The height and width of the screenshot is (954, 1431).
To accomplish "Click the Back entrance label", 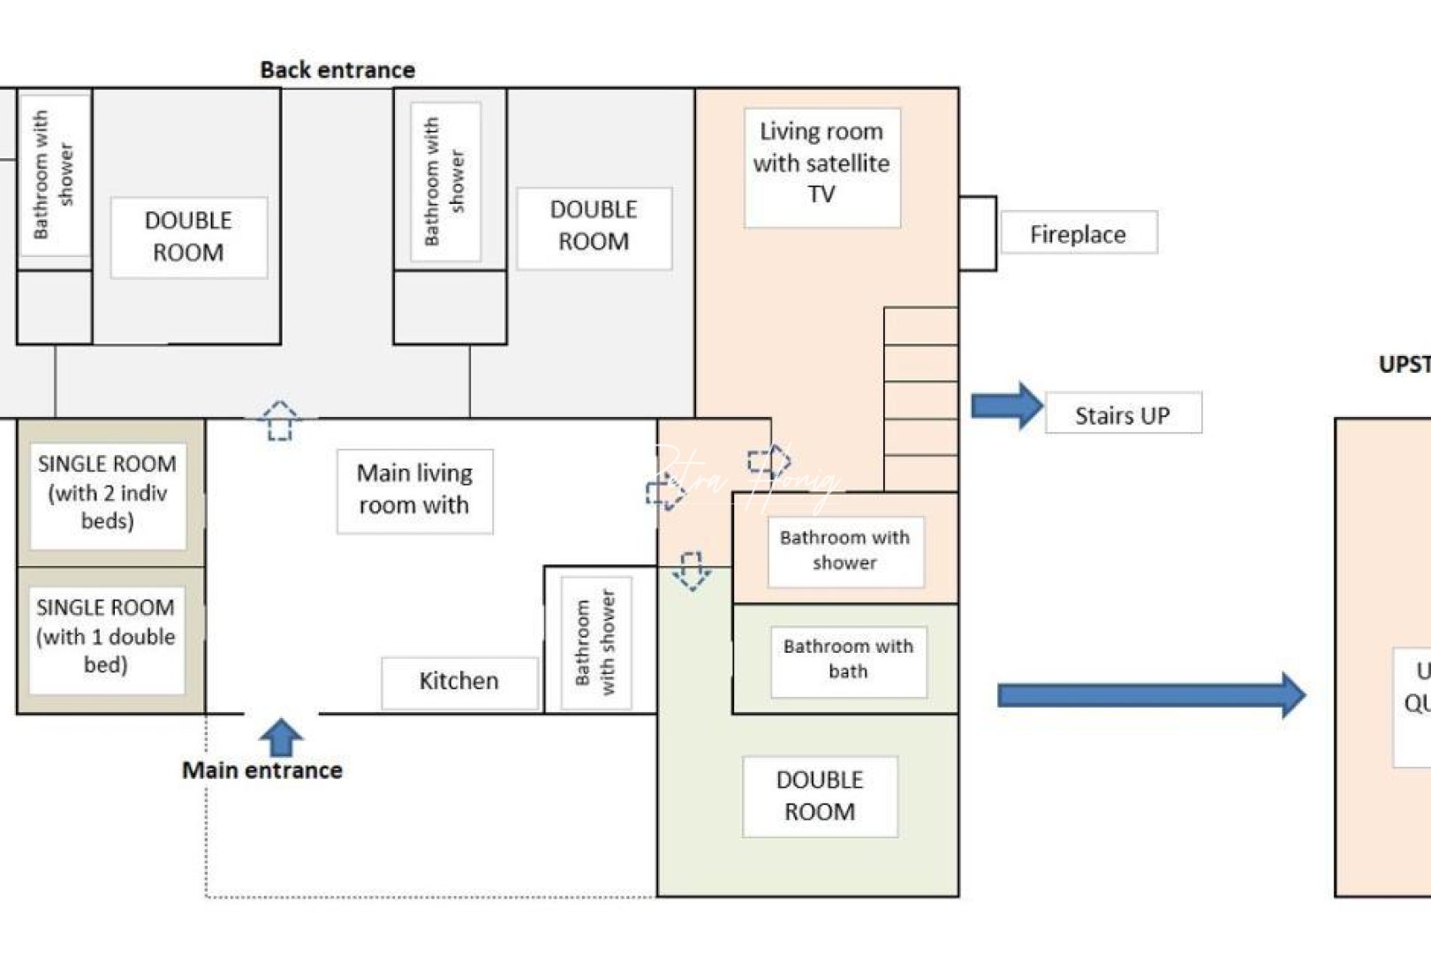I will pyautogui.click(x=337, y=70).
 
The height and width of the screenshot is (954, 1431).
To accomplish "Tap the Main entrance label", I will pyautogui.click(x=262, y=770).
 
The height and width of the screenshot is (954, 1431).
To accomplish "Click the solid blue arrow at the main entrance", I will pyautogui.click(x=281, y=737).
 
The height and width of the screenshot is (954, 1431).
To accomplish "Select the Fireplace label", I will pyautogui.click(x=1078, y=234).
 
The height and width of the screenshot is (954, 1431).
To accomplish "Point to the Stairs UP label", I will pyautogui.click(x=1122, y=415).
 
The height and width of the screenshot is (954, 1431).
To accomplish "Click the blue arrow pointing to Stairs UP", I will pyautogui.click(x=1007, y=406).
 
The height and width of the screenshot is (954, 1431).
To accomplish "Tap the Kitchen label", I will pyautogui.click(x=458, y=681).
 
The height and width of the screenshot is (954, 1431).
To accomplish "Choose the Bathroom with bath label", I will pyautogui.click(x=848, y=659).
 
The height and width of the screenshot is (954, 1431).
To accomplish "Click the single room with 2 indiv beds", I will pyautogui.click(x=108, y=493).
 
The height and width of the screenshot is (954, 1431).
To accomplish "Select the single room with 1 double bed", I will pyautogui.click(x=106, y=636).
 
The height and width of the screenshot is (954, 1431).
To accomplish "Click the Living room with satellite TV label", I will pyautogui.click(x=821, y=163).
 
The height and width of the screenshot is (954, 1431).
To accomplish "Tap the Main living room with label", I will pyautogui.click(x=414, y=489).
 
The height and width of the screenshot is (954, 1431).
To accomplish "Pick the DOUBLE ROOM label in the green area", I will pyautogui.click(x=820, y=796).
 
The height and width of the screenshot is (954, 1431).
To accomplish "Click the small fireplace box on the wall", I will pyautogui.click(x=978, y=233).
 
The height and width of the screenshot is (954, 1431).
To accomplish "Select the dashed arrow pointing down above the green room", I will pyautogui.click(x=691, y=571).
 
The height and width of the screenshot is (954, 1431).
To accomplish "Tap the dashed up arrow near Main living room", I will pyautogui.click(x=280, y=420).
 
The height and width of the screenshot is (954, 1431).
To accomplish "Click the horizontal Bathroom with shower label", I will pyautogui.click(x=844, y=550).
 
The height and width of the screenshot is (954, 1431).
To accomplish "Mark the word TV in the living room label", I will pyautogui.click(x=821, y=194).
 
